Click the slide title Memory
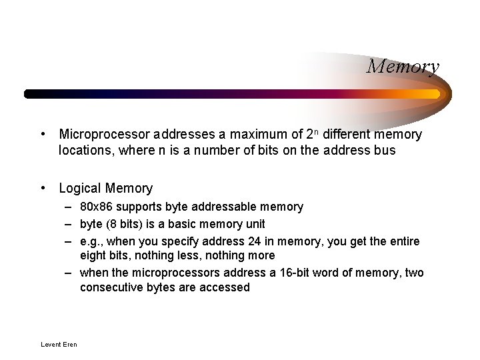pyautogui.click(x=403, y=67)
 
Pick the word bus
pyautogui.click(x=384, y=150)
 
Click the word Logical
pyautogui.click(x=80, y=189)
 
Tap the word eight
pyautogui.click(x=93, y=255)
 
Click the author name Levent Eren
pyautogui.click(x=59, y=345)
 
